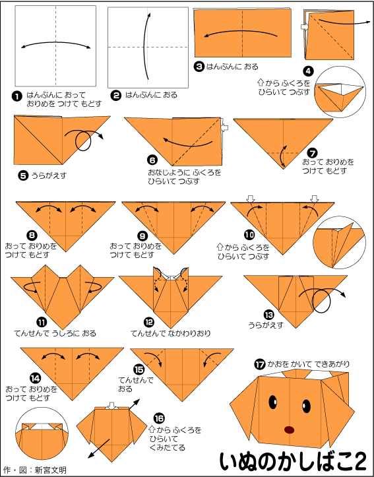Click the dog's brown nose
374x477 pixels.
click(290, 429)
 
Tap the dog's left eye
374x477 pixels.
click(273, 402)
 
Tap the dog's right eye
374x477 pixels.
click(306, 406)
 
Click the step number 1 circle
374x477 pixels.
click(16, 97)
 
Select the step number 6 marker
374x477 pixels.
click(152, 160)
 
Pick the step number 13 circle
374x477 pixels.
click(269, 315)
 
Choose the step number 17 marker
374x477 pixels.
click(260, 364)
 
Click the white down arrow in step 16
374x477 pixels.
click(112, 406)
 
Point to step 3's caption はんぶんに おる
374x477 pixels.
click(232, 67)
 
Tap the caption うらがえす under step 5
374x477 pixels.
click(49, 175)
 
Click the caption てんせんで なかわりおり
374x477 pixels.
click(171, 333)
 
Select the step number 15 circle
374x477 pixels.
click(139, 369)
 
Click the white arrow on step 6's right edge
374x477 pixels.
click(225, 127)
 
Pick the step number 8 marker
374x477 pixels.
click(31, 235)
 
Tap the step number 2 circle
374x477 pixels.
click(115, 96)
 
